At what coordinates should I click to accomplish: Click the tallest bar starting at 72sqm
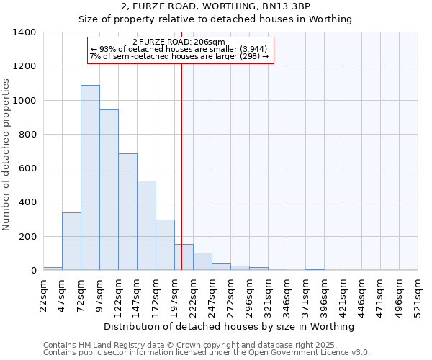(90, 178)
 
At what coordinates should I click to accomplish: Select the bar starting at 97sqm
(109, 190)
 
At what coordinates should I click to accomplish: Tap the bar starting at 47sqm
(71, 241)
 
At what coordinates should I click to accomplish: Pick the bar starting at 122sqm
(127, 212)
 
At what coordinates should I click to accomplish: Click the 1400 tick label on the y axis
(24, 32)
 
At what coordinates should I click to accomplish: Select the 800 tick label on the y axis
(27, 135)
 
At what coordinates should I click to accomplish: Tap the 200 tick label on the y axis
(27, 237)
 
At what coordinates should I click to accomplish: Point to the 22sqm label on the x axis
(48, 294)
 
